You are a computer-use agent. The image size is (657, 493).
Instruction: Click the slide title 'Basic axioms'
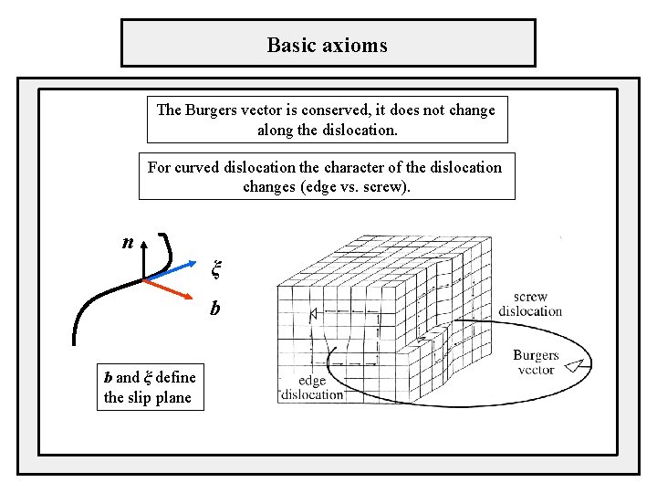(327, 44)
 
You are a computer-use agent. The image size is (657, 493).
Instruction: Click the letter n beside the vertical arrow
(129, 243)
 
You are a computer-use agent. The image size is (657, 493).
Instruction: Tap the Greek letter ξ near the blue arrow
(216, 268)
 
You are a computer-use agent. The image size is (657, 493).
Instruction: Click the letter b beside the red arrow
(214, 309)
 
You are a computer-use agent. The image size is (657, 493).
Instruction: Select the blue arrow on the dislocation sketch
(173, 269)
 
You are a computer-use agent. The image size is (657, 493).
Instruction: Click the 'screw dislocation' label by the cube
(530, 304)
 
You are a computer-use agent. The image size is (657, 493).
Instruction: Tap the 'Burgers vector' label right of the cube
(536, 362)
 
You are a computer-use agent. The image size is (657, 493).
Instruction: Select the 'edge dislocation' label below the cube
(312, 388)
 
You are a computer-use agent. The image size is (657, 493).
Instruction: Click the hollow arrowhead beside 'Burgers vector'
(574, 366)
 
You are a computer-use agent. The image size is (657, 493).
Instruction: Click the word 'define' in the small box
(175, 377)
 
